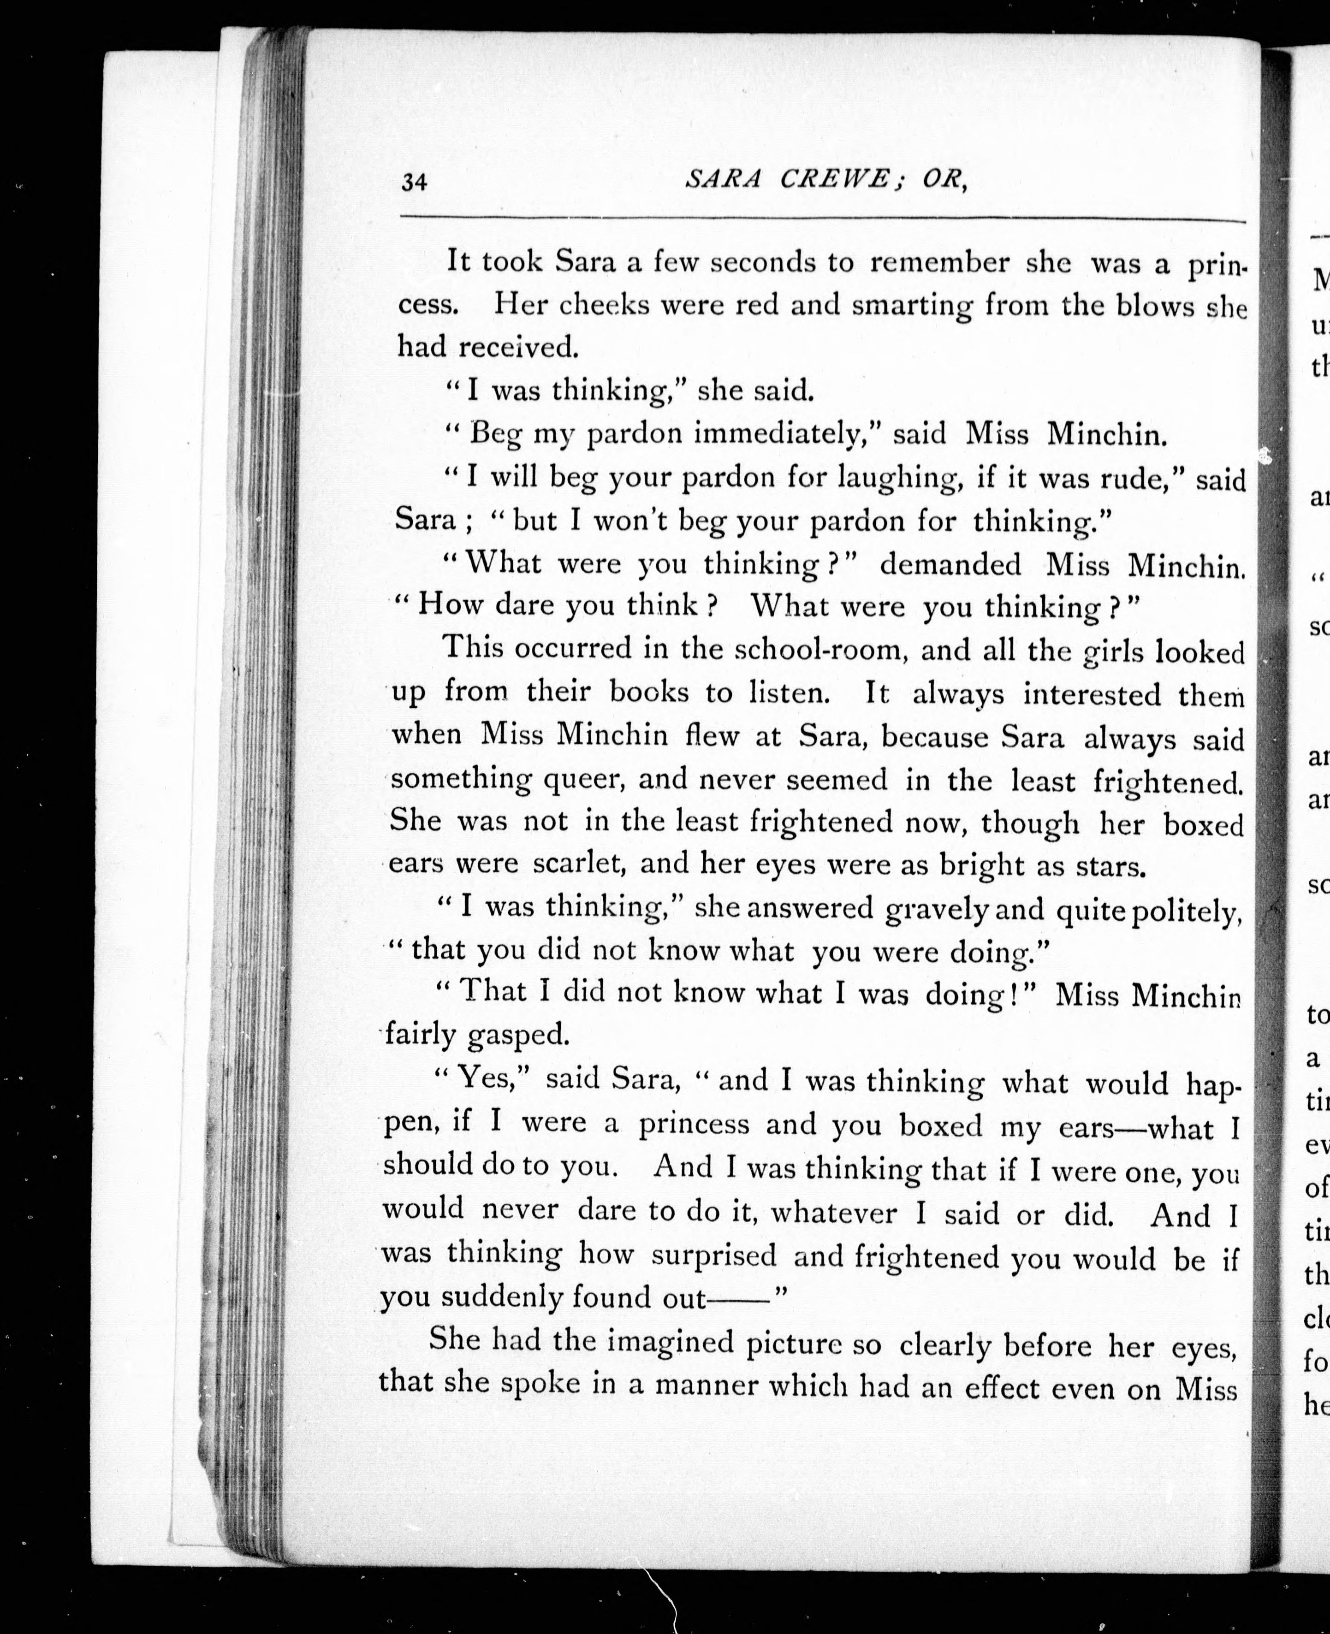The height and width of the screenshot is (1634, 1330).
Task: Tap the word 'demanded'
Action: coord(950,565)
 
